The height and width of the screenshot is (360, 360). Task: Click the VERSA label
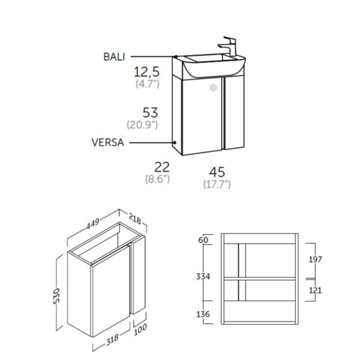point(108,142)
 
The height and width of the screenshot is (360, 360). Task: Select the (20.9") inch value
point(142,125)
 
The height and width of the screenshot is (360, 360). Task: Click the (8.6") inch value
point(158,178)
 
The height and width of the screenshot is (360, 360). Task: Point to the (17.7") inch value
point(217,182)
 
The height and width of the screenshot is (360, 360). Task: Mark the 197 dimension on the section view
point(316,259)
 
